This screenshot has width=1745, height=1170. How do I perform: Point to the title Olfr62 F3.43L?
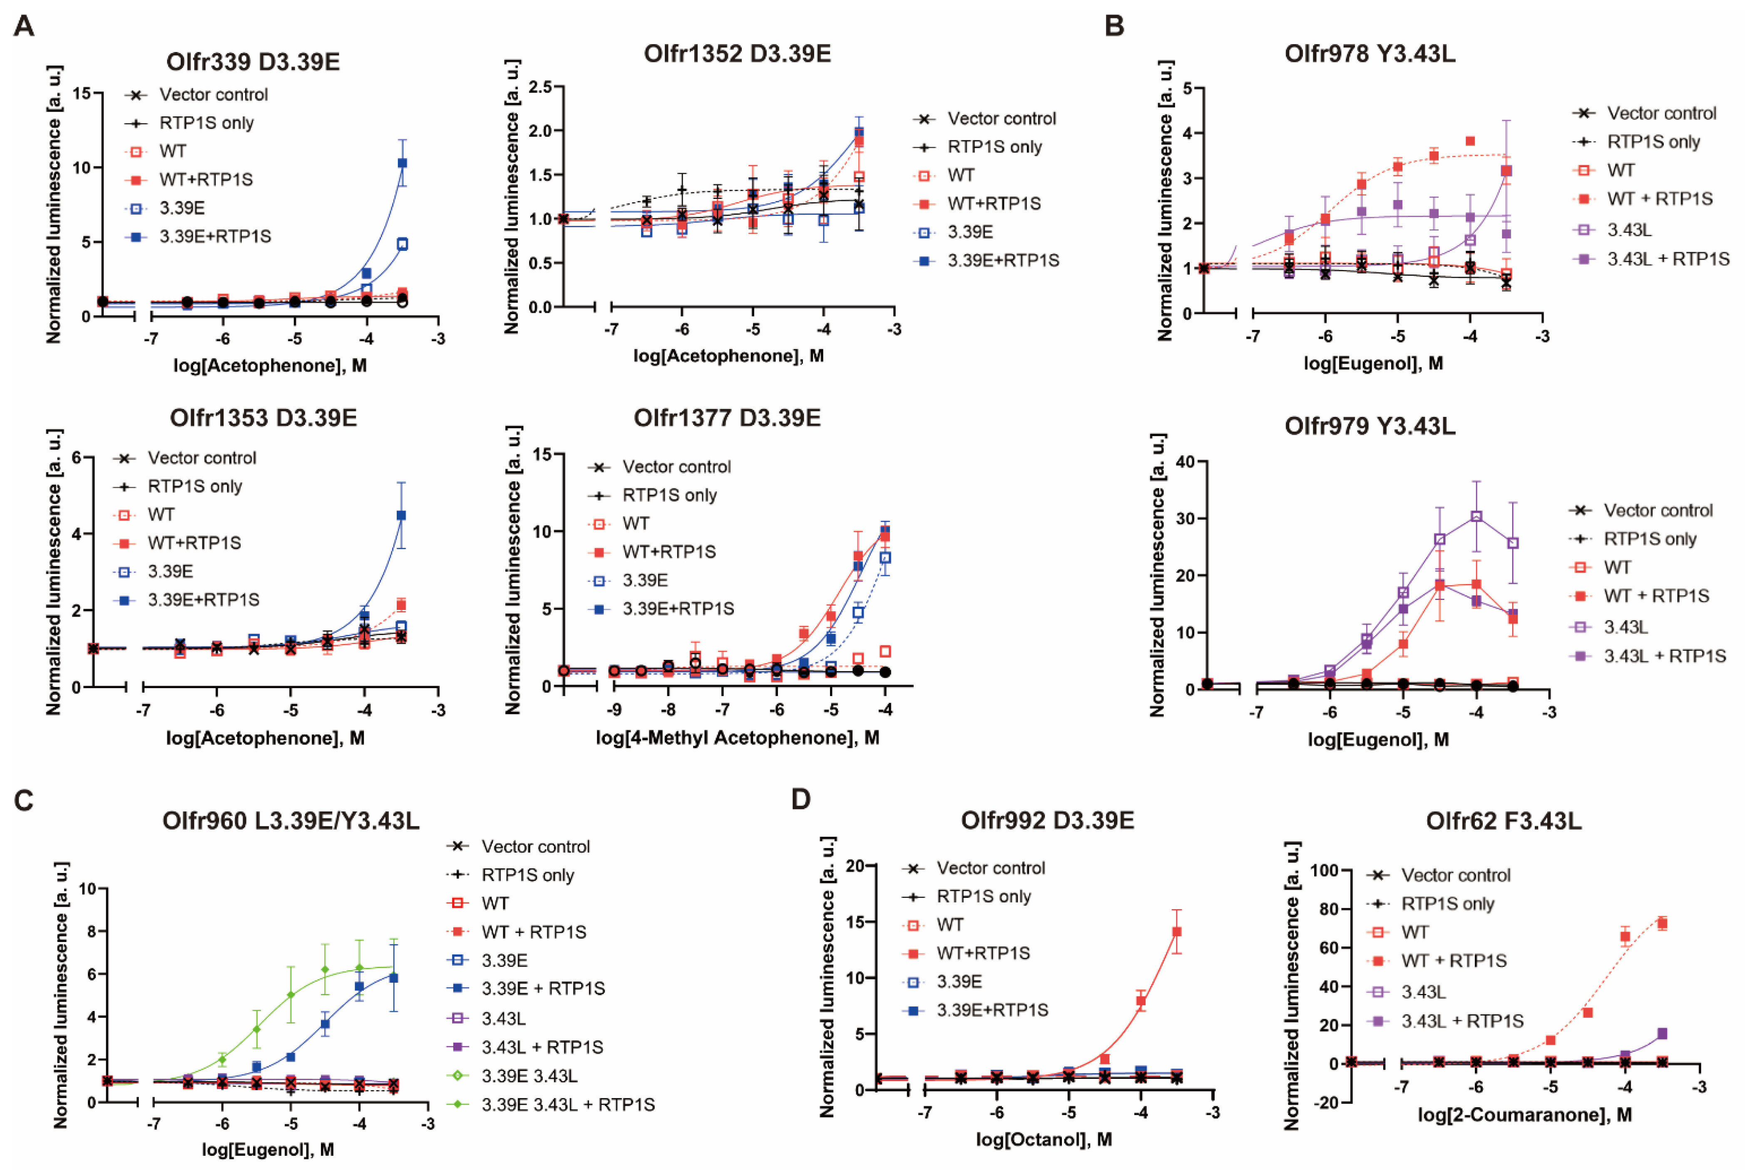point(1503,821)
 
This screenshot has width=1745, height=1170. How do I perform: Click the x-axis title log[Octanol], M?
point(1044,1139)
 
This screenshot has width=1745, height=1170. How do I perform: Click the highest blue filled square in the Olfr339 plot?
point(402,163)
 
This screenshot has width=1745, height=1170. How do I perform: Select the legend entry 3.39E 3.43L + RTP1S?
point(567,1104)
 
